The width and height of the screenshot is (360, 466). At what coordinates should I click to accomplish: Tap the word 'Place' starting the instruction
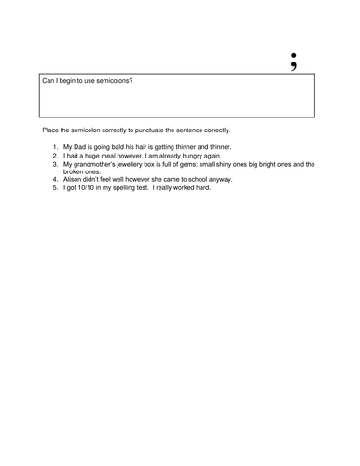[51, 129]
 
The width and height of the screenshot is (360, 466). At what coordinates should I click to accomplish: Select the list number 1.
[54, 147]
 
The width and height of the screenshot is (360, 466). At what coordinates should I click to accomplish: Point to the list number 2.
[54, 156]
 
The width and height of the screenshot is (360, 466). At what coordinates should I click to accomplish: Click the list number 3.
[54, 164]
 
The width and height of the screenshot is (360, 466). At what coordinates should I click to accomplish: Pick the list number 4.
[54, 179]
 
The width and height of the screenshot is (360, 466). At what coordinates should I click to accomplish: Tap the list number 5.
[54, 187]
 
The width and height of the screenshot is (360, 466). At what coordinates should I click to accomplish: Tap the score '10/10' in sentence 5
[91, 187]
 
